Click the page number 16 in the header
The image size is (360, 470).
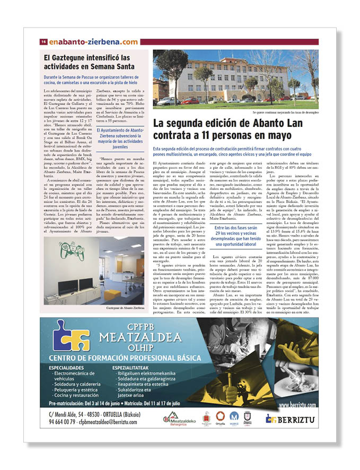44,42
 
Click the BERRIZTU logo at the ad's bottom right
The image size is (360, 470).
291,419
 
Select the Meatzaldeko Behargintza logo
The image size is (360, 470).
179,419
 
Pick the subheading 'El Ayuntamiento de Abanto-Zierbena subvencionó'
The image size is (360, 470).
120,135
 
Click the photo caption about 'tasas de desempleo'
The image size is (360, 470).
285,112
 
